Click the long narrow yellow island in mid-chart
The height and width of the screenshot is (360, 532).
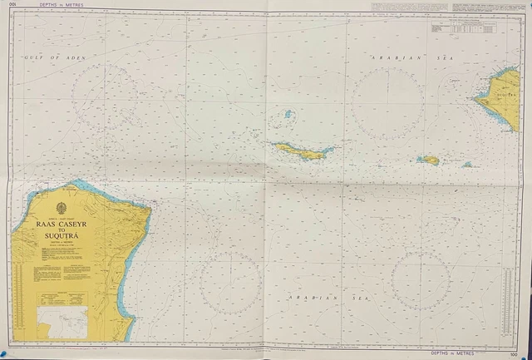[303, 150]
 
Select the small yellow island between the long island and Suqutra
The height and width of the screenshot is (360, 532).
[428, 160]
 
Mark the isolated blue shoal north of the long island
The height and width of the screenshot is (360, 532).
[288, 114]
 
